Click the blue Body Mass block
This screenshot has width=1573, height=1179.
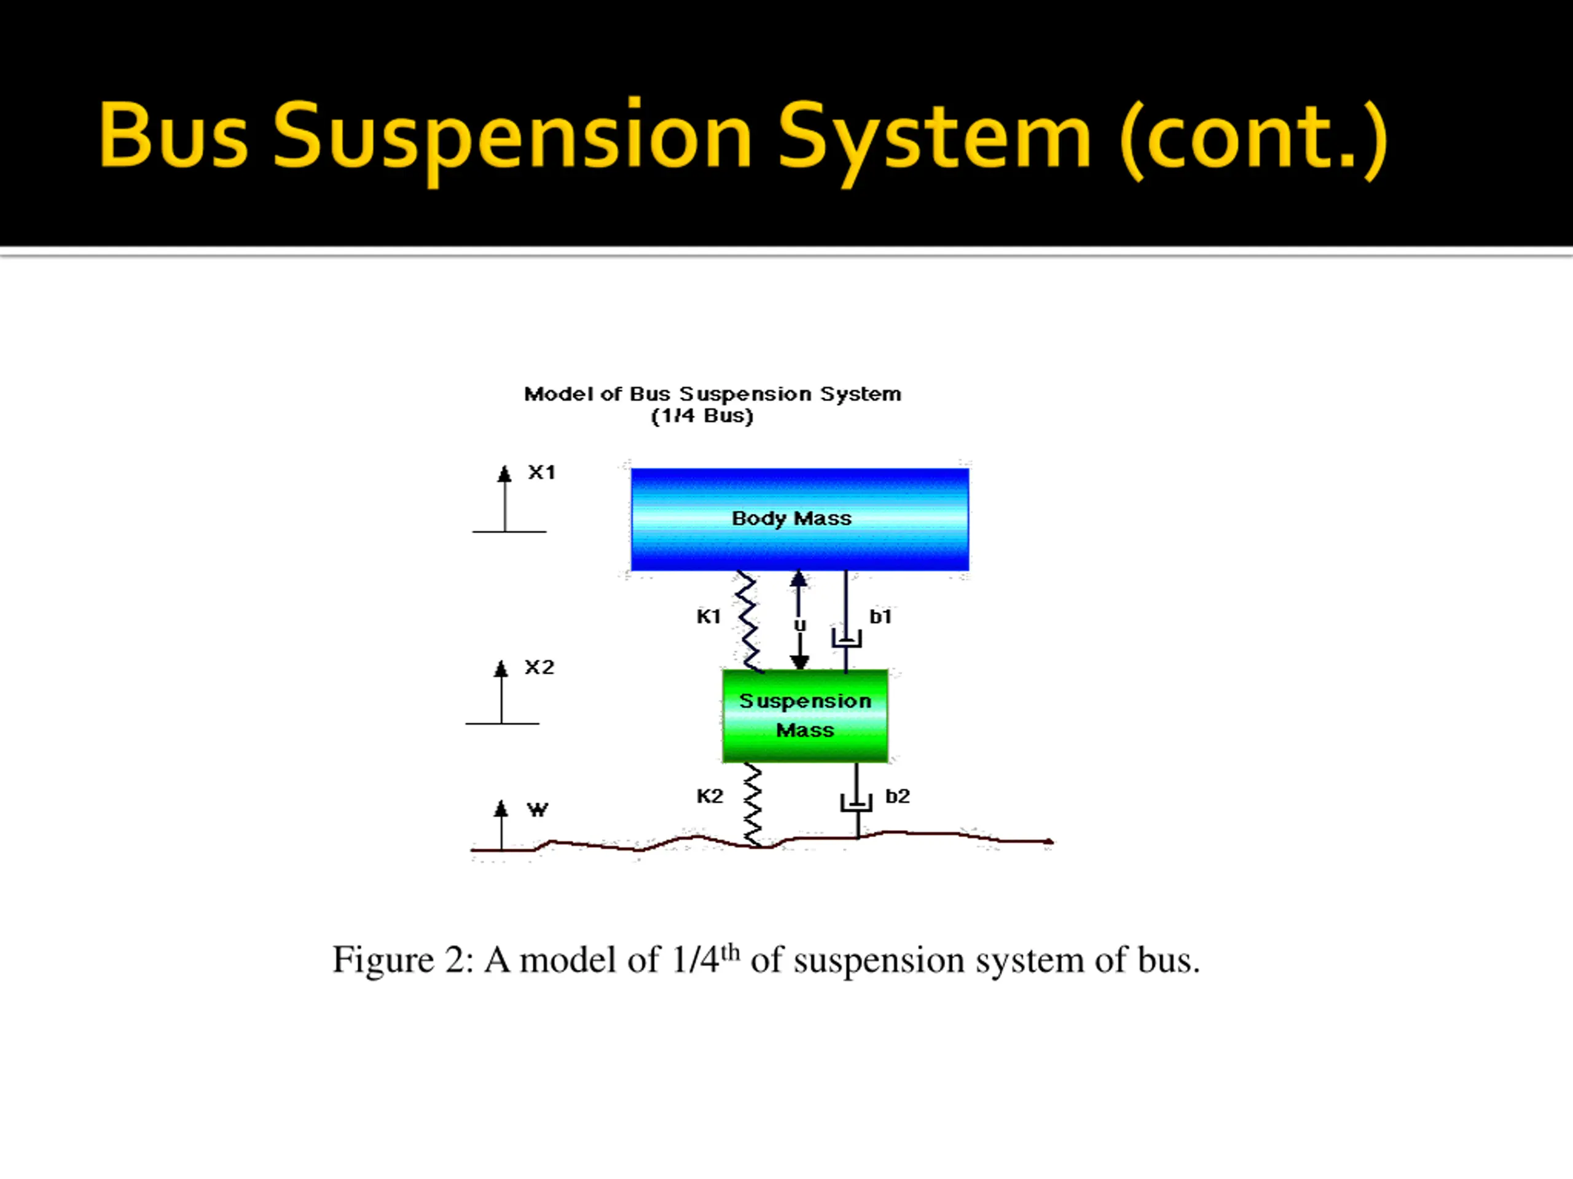[799, 519]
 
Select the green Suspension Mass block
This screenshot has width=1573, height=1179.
[805, 715]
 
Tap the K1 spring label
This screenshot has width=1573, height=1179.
[708, 616]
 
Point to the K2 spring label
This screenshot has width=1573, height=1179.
[710, 796]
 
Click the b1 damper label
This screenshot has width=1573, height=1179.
[881, 616]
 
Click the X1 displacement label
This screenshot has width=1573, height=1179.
[541, 473]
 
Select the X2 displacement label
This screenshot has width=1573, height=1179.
[539, 667]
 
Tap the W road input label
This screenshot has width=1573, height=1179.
[538, 809]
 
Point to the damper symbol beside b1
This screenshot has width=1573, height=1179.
[846, 637]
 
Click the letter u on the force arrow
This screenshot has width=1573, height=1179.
[800, 625]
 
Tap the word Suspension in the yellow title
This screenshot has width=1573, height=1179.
[512, 136]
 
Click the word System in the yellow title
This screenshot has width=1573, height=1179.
[934, 136]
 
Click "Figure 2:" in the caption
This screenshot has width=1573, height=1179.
[402, 960]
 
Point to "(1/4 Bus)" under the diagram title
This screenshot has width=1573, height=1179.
[702, 416]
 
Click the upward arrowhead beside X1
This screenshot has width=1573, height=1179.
[505, 474]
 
